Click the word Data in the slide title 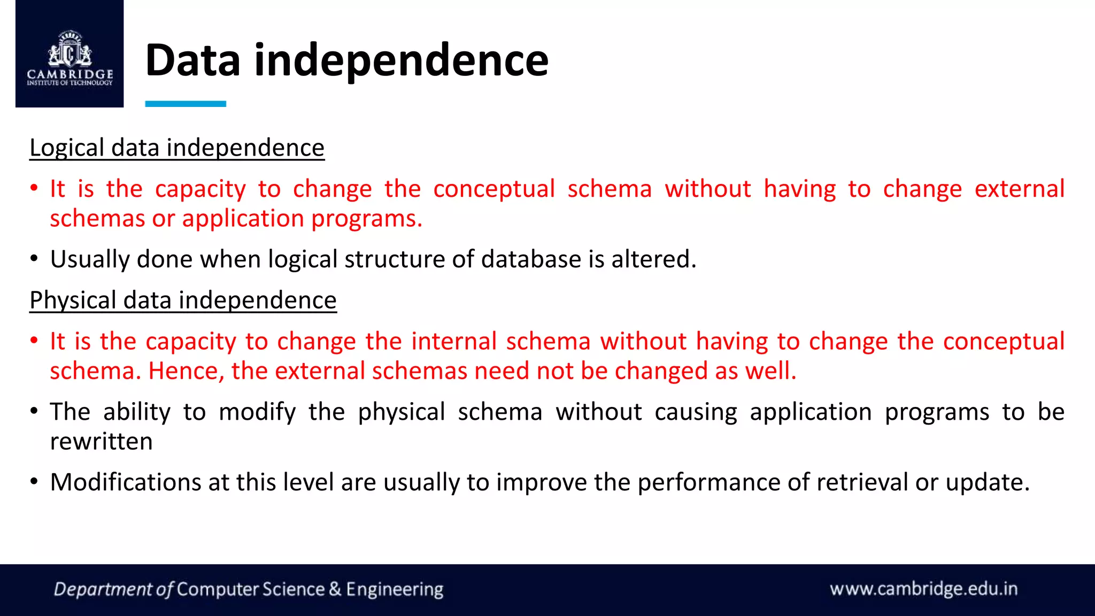192,60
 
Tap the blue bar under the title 186,104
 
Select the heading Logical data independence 177,148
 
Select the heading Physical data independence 183,300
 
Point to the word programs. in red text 367,219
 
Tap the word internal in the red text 454,341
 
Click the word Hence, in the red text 186,371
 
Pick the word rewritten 101,442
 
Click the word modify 257,412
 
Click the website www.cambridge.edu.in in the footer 923,589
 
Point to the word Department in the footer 103,589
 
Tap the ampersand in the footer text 335,589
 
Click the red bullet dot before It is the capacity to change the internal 34,341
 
